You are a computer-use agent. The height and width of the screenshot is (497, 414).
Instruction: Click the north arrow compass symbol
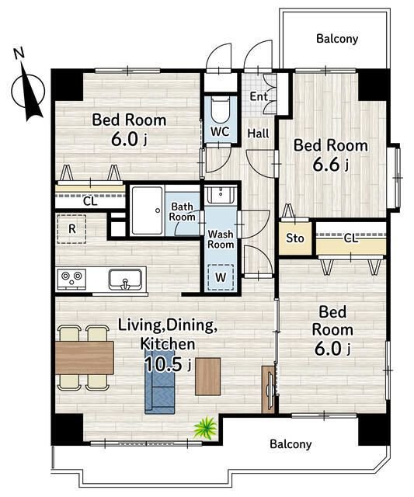click(x=28, y=90)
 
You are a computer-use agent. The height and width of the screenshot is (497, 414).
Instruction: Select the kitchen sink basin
click(x=126, y=280)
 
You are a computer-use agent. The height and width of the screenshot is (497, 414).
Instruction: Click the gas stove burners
click(x=71, y=279)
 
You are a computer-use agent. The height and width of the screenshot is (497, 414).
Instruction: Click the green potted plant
click(x=205, y=428)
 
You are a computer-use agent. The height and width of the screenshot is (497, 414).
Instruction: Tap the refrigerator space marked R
click(x=72, y=229)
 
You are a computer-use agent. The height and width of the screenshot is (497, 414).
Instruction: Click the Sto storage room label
click(x=295, y=238)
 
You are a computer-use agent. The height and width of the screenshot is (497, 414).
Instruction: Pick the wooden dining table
click(x=85, y=358)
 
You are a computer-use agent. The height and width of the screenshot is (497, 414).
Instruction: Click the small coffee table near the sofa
click(x=207, y=377)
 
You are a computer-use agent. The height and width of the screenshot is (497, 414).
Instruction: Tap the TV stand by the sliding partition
click(x=268, y=390)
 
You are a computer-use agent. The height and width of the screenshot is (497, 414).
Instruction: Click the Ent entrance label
click(x=259, y=96)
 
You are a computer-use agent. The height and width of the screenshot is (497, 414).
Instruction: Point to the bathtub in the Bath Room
click(x=148, y=210)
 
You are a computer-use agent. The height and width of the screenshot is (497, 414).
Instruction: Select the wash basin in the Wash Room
click(x=221, y=194)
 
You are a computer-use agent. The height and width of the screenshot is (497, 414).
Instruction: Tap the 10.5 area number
click(x=164, y=364)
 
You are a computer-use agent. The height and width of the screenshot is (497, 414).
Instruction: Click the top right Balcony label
click(x=337, y=39)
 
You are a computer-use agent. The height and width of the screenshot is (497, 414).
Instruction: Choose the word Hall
click(x=258, y=134)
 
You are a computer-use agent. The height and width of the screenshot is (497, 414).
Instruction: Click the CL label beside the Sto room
click(x=350, y=238)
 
